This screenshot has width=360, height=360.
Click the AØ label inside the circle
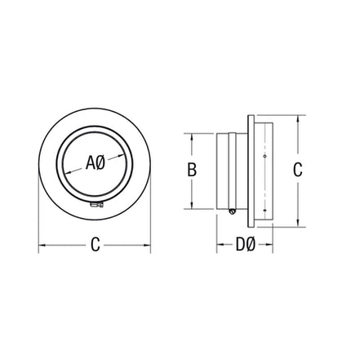coord(95,162)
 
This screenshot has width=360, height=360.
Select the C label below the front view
coord(95,245)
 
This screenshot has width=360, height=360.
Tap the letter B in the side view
coord(192,170)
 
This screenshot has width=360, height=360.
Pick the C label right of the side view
coord(298,170)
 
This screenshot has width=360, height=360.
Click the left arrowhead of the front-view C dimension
coord(42,245)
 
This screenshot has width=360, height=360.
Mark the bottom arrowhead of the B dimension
coord(192,207)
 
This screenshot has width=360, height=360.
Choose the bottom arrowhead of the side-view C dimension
coord(298,223)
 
